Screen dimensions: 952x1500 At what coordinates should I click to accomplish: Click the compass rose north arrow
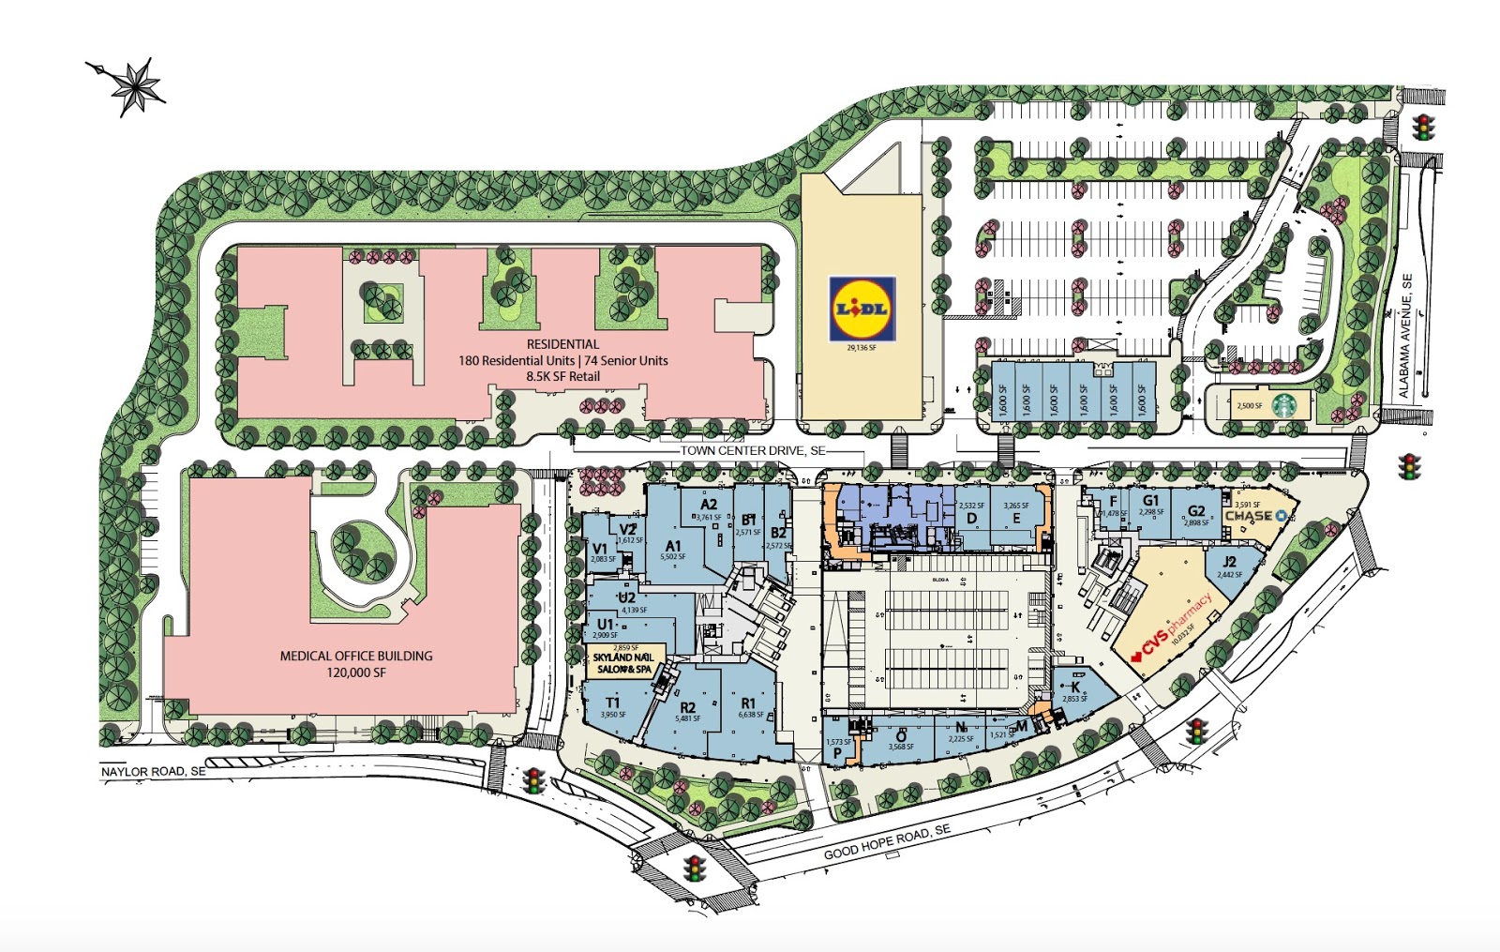[x=137, y=85]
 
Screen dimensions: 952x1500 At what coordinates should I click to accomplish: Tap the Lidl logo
[x=862, y=308]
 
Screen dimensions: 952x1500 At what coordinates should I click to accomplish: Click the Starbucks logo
[x=1282, y=404]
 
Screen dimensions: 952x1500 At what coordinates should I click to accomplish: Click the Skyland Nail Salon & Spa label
[x=623, y=663]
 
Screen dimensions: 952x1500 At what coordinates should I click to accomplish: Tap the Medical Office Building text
[x=356, y=656]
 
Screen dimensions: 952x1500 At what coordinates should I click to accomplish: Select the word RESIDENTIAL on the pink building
[x=562, y=344]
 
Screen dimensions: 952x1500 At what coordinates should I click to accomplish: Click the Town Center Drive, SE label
[x=753, y=450]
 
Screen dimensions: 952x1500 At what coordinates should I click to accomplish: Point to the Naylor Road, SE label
[x=153, y=771]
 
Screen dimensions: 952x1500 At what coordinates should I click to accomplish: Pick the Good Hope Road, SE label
[x=887, y=841]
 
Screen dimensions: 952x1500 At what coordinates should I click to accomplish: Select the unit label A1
[x=673, y=546]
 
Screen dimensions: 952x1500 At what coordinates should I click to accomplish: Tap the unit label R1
[x=748, y=703]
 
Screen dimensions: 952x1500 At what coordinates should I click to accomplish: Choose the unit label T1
[x=612, y=703]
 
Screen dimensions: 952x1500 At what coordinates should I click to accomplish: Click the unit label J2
[x=1229, y=563]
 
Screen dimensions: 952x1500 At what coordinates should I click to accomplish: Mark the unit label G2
[x=1196, y=511]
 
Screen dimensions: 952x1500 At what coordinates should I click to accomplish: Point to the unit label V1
[x=600, y=549]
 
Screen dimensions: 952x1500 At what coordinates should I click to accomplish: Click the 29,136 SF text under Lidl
[x=860, y=348]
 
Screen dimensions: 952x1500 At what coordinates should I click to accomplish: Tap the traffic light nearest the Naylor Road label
[x=534, y=780]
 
